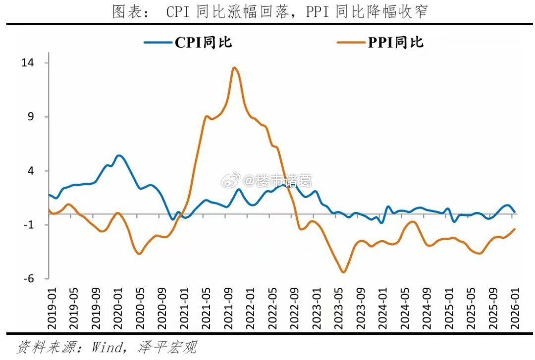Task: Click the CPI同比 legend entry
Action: pyautogui.click(x=188, y=43)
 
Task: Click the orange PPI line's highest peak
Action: pyautogui.click(x=234, y=68)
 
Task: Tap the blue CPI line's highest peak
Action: pyautogui.click(x=119, y=155)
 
